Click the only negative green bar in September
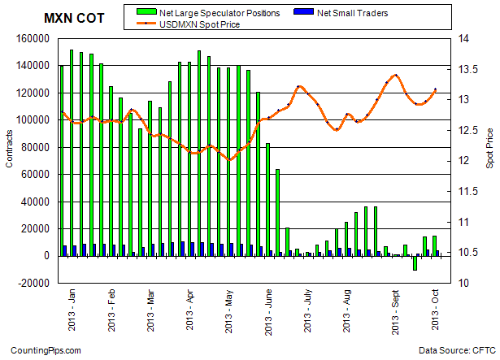[x=415, y=262]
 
